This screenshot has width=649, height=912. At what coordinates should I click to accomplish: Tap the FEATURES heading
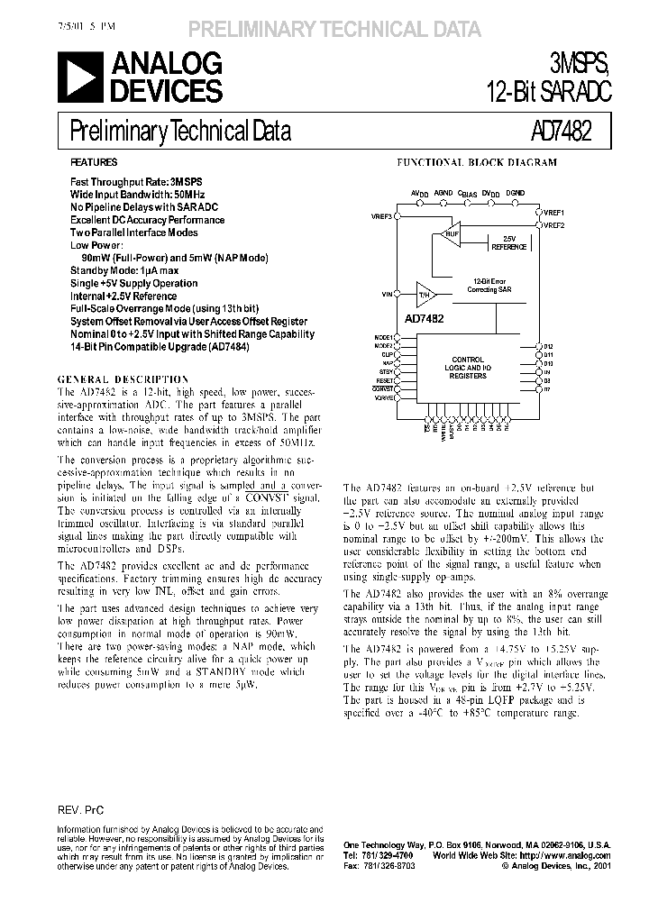coord(94,163)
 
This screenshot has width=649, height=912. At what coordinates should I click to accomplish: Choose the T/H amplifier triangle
coord(425,294)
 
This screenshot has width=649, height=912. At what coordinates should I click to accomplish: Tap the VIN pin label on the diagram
coord(387,294)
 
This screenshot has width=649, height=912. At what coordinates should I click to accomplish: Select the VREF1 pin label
coord(553,211)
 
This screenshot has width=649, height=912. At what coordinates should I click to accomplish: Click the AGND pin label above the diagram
coord(443,193)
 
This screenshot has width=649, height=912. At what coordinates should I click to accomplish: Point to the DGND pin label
coord(515,193)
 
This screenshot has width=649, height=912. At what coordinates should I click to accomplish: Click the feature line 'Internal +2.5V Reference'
coord(123,296)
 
